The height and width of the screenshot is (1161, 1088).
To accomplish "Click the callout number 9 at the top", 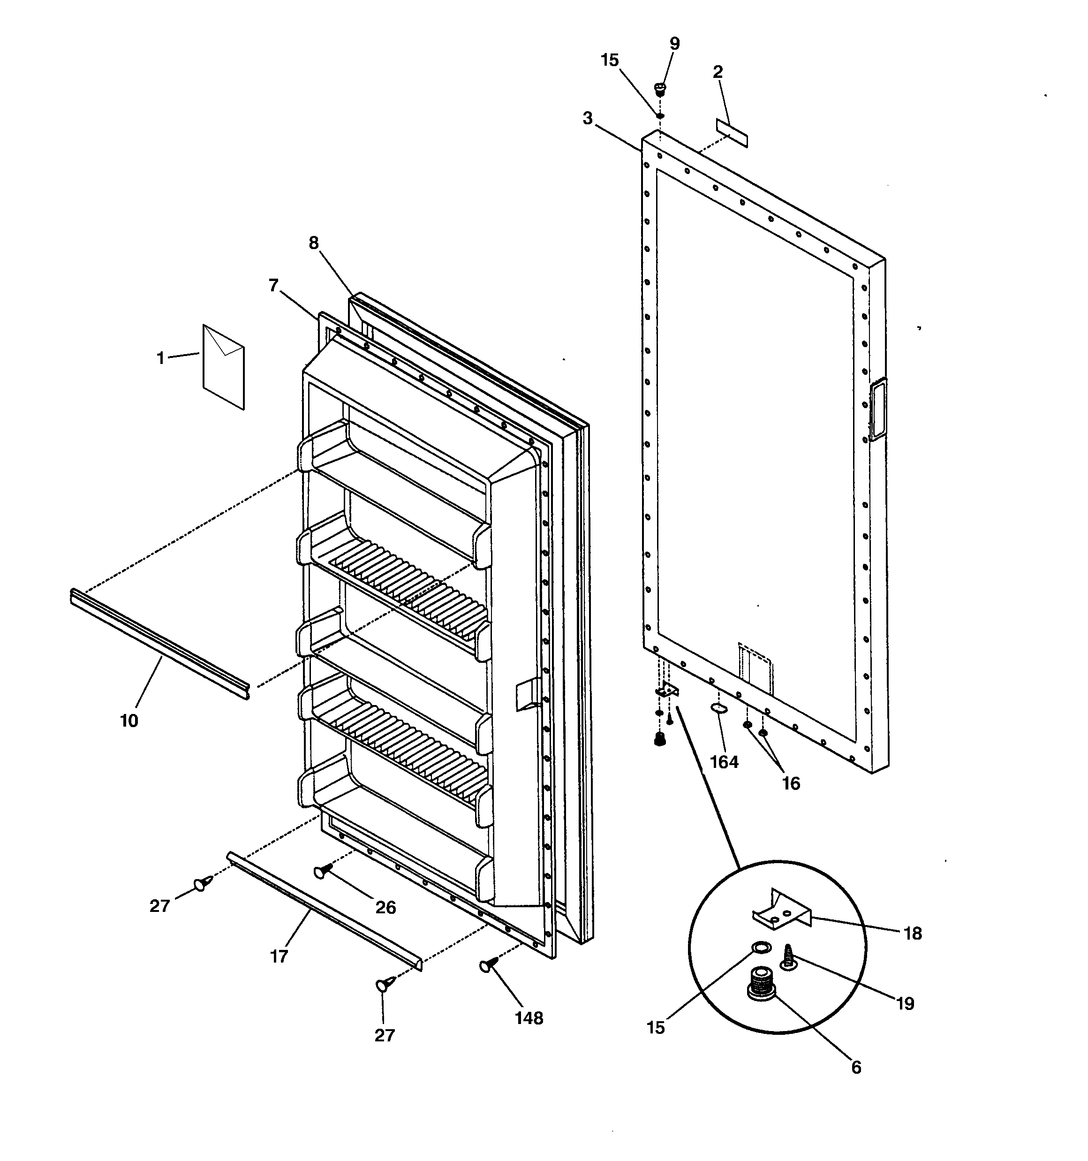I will pos(674,44).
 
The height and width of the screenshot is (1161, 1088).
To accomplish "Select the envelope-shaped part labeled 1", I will pos(224,367).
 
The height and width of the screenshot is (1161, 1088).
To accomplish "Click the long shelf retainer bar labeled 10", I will pos(159,644).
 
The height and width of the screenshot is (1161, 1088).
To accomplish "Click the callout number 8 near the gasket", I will pos(314,243).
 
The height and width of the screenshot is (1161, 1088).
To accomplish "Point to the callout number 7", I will pos(273,286).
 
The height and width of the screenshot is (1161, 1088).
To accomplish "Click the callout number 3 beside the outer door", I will pos(588,119).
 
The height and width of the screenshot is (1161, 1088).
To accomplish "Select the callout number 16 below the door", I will pos(791,783).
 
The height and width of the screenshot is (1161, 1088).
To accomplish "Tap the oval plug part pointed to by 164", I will pos(718,708).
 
